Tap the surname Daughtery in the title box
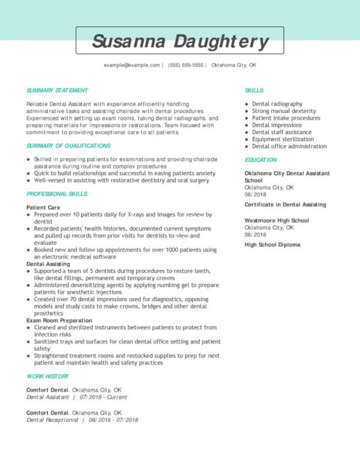[221, 41]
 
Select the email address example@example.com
[131, 65]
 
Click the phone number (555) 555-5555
[186, 65]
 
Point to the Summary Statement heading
[57, 91]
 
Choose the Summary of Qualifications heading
[68, 146]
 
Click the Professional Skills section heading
[57, 194]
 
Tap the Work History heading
[47, 376]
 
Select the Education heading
[260, 160]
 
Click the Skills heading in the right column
[254, 91]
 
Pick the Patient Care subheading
[43, 207]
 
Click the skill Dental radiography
[277, 104]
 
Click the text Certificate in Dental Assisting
[285, 205]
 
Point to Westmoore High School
[277, 221]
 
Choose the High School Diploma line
[272, 245]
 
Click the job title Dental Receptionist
[53, 420]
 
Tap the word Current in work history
[118, 396]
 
